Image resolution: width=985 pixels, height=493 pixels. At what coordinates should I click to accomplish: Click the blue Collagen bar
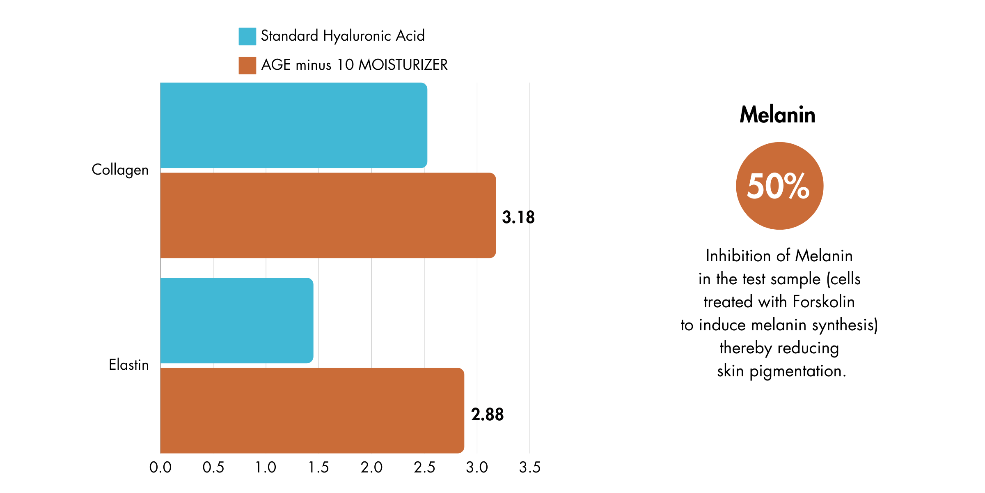(x=293, y=125)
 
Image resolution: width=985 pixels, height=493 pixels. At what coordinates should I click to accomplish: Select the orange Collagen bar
(x=328, y=215)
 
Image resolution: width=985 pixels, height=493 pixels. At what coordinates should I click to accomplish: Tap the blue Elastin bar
(x=236, y=320)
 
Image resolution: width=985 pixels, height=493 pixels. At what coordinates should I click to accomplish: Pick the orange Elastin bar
(x=312, y=410)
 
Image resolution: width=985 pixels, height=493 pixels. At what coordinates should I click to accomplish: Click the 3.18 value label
(x=518, y=217)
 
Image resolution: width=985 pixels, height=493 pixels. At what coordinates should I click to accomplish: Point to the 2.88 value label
(x=487, y=415)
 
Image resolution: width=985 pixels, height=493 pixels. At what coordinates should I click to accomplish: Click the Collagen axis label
(x=120, y=170)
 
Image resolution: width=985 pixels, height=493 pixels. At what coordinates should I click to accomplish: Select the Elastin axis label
(x=128, y=365)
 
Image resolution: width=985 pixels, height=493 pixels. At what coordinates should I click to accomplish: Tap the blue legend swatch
(x=247, y=36)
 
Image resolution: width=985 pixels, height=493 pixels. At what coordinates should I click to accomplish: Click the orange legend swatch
(x=247, y=65)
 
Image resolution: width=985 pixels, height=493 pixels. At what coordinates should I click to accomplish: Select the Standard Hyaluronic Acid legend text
(x=343, y=36)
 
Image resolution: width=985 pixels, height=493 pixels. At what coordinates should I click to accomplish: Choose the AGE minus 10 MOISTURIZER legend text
(x=354, y=65)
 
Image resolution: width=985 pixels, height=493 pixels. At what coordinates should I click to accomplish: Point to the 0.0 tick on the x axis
(x=160, y=468)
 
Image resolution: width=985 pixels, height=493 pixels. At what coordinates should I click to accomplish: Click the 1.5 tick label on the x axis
(x=319, y=468)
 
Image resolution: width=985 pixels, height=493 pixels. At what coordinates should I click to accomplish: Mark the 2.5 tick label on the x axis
(x=424, y=468)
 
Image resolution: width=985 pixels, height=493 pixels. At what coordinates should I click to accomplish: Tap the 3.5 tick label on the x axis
(x=530, y=468)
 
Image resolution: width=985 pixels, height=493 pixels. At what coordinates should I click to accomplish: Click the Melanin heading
(x=777, y=115)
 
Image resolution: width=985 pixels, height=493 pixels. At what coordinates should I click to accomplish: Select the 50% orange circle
(x=779, y=186)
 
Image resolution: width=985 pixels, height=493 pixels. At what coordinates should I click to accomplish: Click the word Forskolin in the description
(x=824, y=302)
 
